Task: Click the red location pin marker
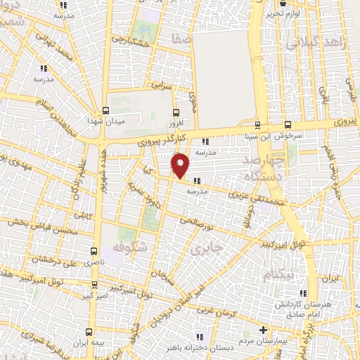[181, 165]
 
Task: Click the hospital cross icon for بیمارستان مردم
[263, 330]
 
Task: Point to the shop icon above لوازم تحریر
[282, 3]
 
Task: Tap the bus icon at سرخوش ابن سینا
[257, 124]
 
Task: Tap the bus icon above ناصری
[95, 250]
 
